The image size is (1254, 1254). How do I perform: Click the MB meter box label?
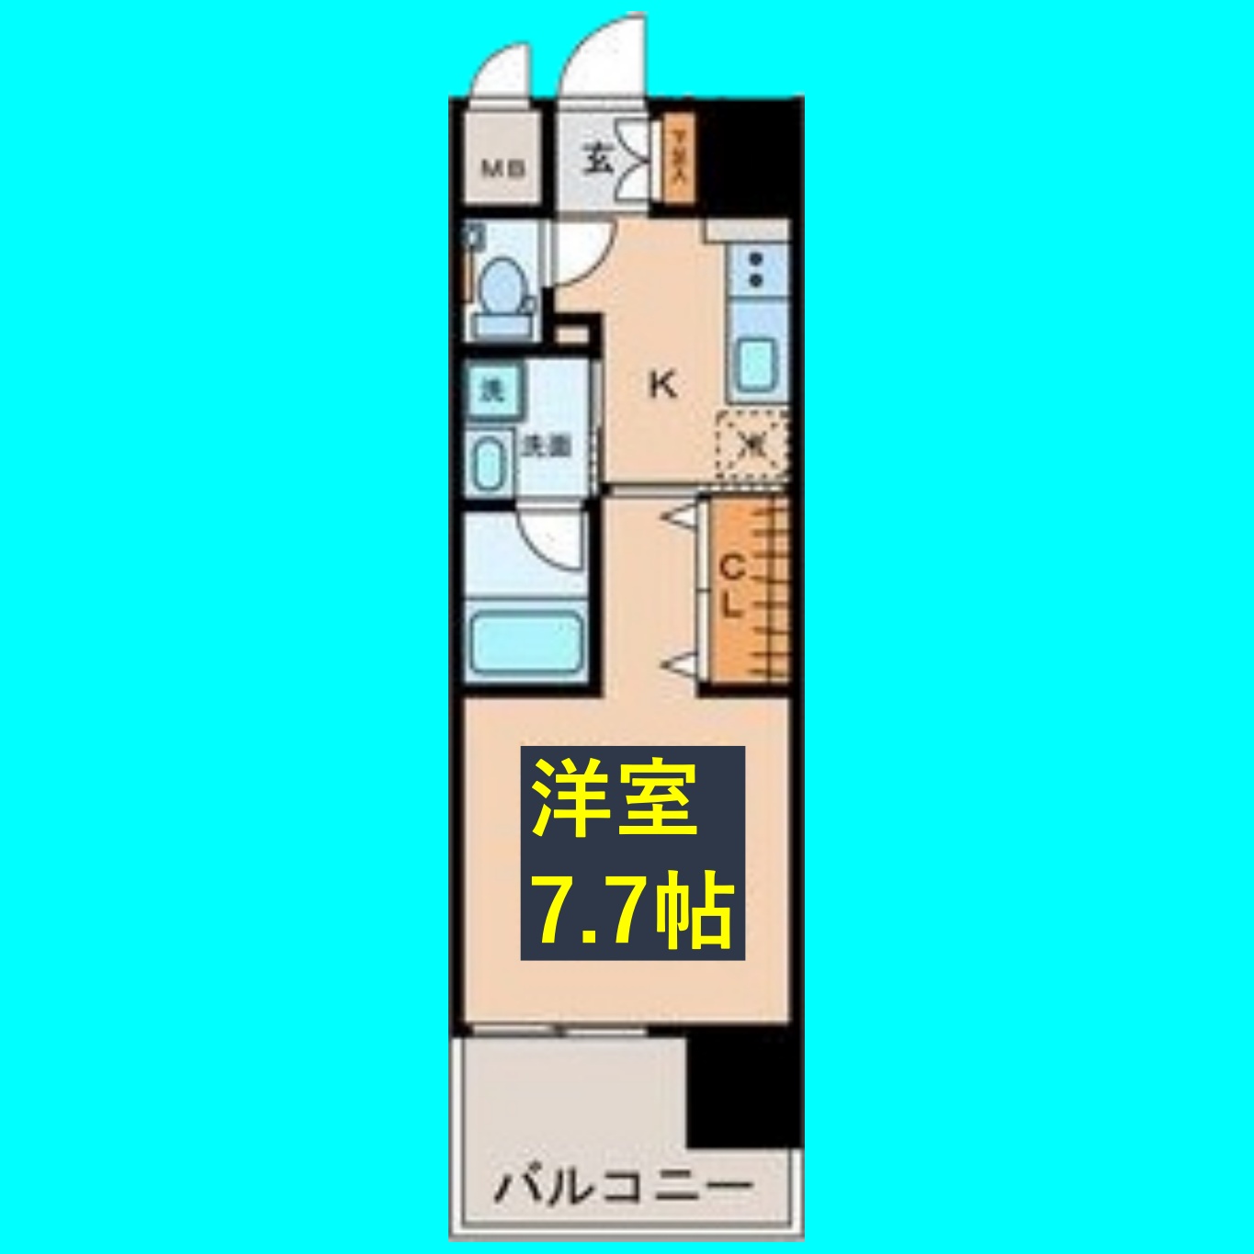tap(503, 169)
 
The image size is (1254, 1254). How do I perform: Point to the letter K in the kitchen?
tap(662, 385)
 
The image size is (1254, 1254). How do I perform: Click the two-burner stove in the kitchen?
tap(756, 268)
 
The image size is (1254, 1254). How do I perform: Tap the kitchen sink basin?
tap(756, 365)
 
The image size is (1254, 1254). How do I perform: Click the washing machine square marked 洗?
tap(492, 390)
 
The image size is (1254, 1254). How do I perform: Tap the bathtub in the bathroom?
tap(525, 641)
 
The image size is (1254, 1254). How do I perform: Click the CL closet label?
tap(730, 588)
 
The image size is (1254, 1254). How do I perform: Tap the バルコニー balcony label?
tap(624, 1185)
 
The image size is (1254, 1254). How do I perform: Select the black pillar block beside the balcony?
tap(743, 1088)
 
